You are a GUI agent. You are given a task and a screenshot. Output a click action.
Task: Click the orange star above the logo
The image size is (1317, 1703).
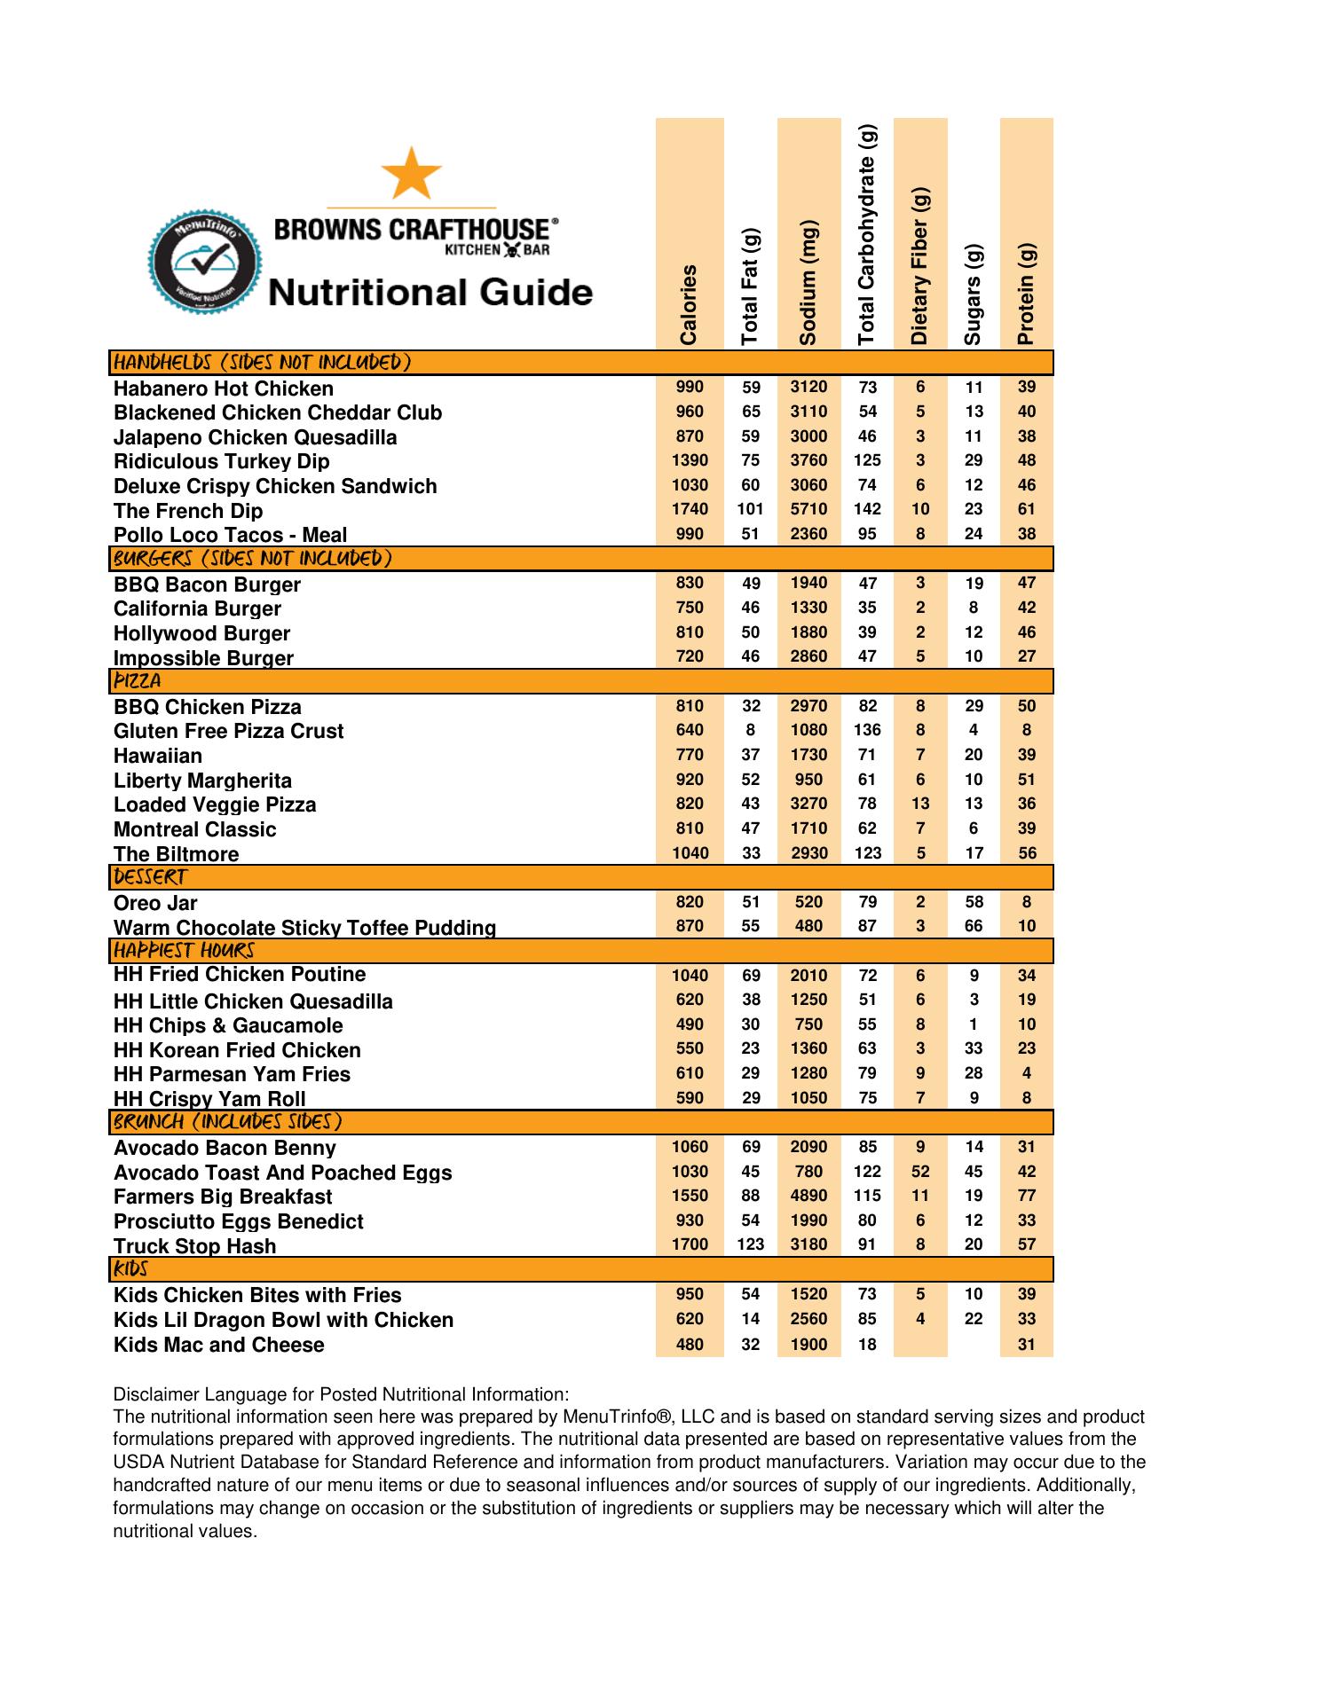click(411, 173)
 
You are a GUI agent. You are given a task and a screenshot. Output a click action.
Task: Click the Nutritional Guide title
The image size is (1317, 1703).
click(430, 291)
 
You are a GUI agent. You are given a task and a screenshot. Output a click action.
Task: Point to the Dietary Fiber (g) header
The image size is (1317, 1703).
click(920, 266)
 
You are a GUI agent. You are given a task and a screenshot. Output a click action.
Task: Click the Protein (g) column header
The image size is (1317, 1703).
click(1026, 294)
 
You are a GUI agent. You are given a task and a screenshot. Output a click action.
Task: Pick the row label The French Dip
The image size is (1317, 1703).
click(188, 511)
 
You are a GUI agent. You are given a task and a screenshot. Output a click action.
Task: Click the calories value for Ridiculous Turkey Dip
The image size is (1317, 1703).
click(690, 460)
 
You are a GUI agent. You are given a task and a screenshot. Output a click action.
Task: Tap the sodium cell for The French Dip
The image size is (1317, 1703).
click(808, 509)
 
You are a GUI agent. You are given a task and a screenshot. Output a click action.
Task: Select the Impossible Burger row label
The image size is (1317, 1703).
click(203, 658)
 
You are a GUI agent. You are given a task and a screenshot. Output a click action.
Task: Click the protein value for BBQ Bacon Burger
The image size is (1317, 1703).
click(1027, 583)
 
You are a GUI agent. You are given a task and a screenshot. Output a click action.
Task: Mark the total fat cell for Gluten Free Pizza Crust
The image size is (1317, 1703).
click(751, 730)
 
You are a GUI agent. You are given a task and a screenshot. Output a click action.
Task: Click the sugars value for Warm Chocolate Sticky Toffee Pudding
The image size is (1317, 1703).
click(974, 926)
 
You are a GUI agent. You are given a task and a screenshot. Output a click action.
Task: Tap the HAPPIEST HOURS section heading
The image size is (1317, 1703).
click(184, 951)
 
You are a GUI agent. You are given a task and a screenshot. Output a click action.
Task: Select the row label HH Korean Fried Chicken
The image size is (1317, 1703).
click(237, 1050)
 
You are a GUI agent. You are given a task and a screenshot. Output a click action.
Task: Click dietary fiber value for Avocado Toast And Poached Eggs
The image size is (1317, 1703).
click(920, 1172)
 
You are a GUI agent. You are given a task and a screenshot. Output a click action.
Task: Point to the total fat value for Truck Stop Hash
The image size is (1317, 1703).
click(751, 1244)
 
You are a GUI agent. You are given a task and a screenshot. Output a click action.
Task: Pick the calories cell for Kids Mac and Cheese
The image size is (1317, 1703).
click(690, 1345)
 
